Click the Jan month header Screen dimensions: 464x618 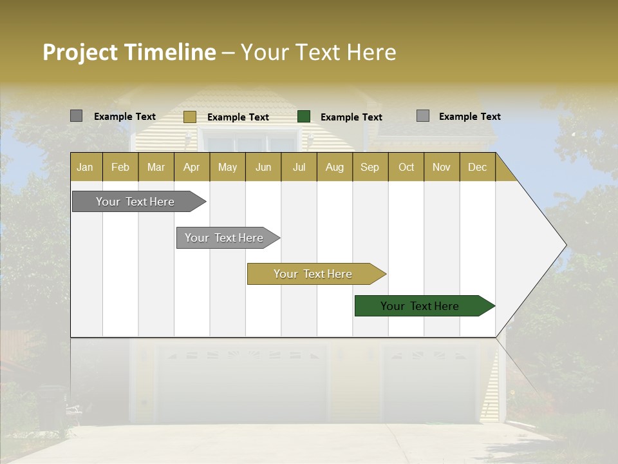86,167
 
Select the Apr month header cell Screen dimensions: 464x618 192,167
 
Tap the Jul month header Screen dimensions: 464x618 299,167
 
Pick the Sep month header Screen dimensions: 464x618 370,167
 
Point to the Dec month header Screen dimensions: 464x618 477,167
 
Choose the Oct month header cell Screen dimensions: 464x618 406,167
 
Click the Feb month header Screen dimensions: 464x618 120,167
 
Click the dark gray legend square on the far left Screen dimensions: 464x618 76,116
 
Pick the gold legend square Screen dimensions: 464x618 189,117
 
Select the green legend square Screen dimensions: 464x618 304,117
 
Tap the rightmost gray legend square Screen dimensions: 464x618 422,116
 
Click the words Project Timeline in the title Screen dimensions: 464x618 129,52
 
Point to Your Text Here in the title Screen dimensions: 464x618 318,52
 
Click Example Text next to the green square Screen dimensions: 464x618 351,117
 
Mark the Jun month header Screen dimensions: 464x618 263,167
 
